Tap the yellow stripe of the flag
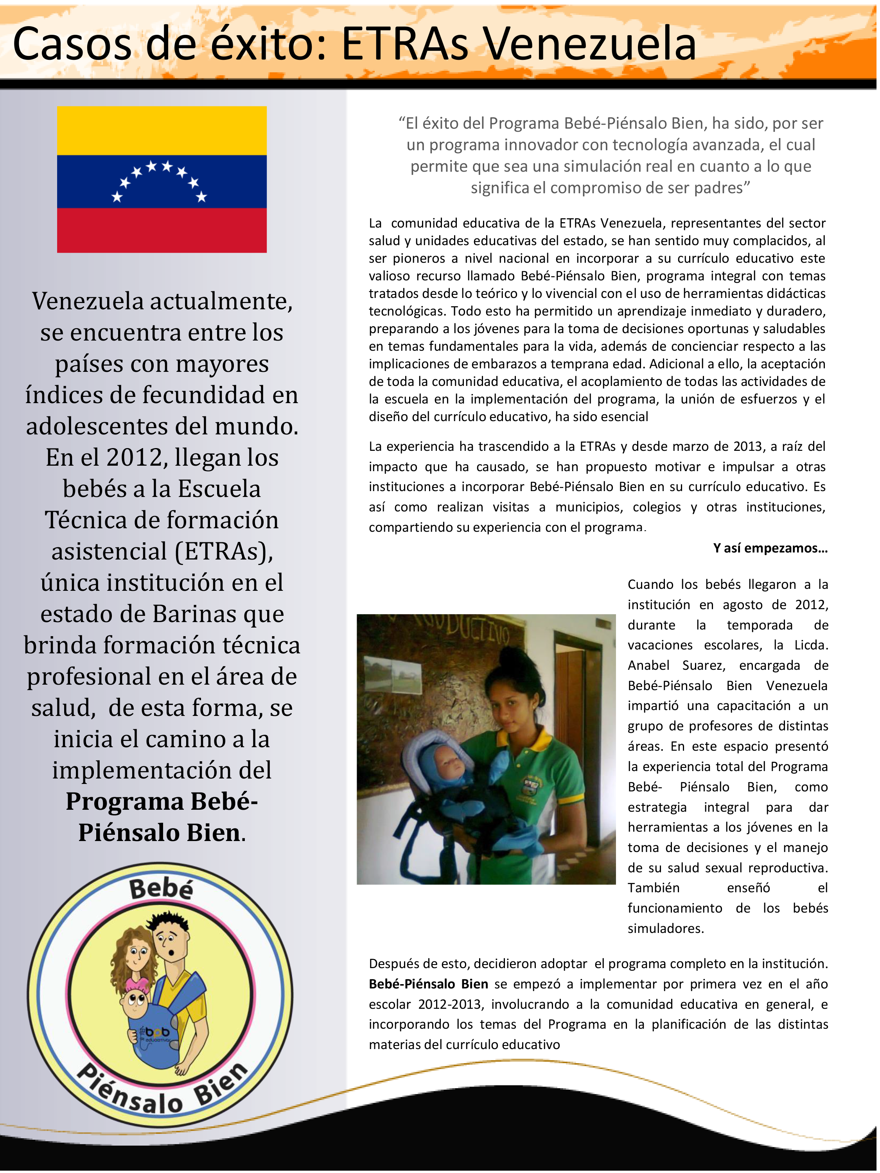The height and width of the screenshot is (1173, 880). pos(162,131)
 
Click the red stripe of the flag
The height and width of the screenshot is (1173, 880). pos(162,230)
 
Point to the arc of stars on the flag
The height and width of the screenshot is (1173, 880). pos(159,178)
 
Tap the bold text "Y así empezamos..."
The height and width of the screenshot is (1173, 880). pos(770,548)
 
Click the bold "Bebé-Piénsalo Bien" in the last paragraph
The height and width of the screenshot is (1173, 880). pos(428,984)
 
